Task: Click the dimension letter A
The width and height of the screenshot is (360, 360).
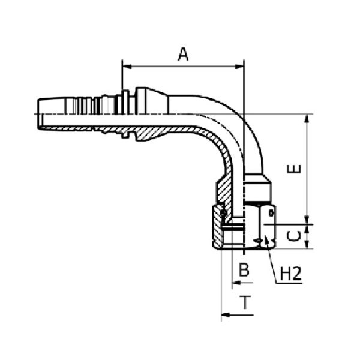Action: pos(183,55)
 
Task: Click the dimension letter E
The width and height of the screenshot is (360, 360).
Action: pos(294,169)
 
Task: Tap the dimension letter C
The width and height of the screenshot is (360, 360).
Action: pos(294,236)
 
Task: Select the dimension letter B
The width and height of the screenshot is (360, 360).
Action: pos(244,270)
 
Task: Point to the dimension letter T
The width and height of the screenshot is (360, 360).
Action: pos(245,302)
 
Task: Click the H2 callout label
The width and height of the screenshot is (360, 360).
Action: pos(290,274)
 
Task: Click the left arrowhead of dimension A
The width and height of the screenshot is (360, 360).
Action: pos(127,67)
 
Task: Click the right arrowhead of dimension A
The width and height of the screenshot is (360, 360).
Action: pos(239,67)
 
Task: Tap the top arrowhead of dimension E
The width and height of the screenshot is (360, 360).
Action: pos(307,119)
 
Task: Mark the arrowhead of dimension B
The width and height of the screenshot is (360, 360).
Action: pos(236,283)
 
